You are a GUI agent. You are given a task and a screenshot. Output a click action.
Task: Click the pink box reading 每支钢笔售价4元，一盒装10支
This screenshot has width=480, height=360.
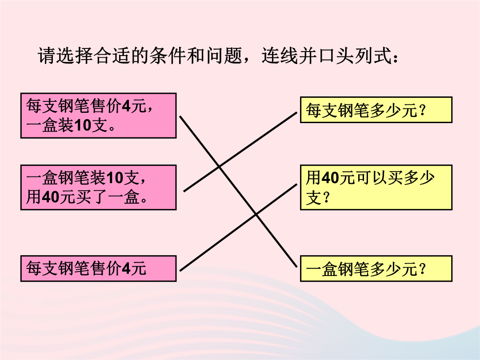point(98,116)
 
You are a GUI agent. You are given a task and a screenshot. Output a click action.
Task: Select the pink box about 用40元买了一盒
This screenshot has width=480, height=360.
point(98,188)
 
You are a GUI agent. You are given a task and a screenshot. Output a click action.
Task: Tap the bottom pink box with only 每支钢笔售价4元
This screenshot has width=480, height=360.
point(98,268)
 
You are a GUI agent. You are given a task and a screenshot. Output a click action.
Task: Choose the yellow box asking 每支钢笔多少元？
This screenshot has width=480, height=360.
point(376,110)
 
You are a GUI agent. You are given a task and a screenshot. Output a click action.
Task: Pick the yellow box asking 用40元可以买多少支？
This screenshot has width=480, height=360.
point(376,188)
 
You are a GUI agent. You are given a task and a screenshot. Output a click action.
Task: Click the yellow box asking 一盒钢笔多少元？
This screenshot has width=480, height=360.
point(376,268)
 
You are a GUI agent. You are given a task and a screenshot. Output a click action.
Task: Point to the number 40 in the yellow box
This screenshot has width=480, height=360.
point(330,178)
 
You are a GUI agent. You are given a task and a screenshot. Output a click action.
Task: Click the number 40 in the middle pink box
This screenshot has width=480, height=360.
point(51,197)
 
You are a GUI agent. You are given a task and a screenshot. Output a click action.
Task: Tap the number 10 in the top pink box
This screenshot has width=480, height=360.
point(83,125)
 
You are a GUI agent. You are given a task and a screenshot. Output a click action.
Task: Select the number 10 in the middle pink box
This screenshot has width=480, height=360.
point(115,178)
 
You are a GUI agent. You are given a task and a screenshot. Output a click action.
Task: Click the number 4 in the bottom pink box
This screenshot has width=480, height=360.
point(126,268)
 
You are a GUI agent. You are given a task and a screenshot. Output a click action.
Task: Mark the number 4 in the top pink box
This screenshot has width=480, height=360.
point(126,106)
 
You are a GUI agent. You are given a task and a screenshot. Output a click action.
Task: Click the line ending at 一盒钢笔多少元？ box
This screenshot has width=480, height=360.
point(238,192)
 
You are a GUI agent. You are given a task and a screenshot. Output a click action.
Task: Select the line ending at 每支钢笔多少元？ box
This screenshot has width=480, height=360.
point(240,152)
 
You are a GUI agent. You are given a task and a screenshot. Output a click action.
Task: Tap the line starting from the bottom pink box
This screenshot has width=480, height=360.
point(238,228)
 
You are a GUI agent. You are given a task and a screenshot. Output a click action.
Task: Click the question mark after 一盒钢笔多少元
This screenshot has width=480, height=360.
point(423,268)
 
